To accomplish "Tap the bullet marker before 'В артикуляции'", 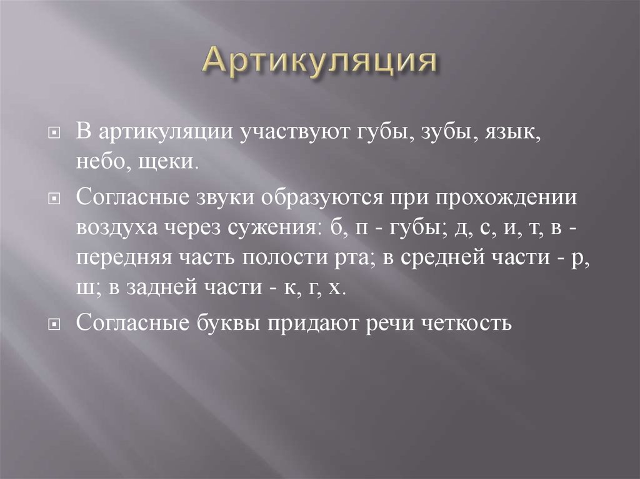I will click(x=54, y=134).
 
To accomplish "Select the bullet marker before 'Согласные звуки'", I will click(x=54, y=199).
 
